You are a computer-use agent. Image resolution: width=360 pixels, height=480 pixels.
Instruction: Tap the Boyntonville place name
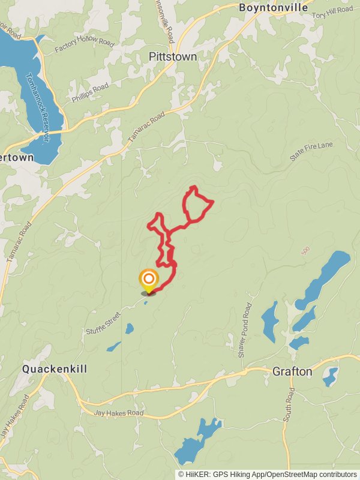[273, 8]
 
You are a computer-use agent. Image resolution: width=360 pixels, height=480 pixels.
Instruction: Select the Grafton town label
[292, 371]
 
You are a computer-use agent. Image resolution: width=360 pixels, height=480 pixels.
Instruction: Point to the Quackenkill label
[55, 368]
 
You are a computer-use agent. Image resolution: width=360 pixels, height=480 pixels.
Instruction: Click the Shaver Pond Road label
[245, 331]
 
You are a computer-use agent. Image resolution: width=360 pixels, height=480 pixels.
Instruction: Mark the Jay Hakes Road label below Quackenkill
[119, 413]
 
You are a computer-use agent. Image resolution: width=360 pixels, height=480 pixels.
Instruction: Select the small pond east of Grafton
[330, 376]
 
